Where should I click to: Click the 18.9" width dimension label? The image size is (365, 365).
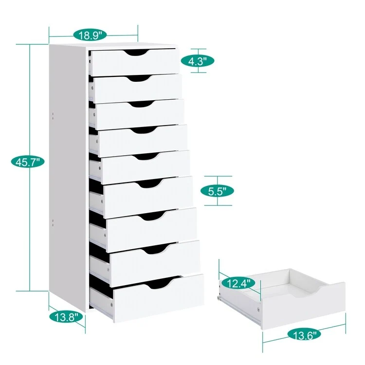(x=90, y=35)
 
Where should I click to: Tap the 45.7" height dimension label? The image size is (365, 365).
(x=28, y=162)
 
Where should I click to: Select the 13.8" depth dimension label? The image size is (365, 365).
(x=66, y=317)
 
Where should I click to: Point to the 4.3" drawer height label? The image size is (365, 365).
(x=198, y=61)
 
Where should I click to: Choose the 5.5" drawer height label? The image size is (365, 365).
(x=217, y=191)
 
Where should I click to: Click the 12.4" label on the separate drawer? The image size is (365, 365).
(x=238, y=283)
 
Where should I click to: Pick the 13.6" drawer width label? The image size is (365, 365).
(x=304, y=334)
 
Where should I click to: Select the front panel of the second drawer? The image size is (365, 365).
(x=138, y=89)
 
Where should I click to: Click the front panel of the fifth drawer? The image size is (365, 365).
(x=146, y=167)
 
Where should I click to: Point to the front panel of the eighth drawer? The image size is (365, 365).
(x=155, y=263)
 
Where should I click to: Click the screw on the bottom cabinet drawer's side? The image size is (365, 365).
(x=111, y=304)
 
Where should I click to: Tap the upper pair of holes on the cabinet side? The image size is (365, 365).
(x=53, y=116)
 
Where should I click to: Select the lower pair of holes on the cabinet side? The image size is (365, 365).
(x=53, y=222)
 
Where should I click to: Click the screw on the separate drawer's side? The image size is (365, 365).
(x=258, y=310)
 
